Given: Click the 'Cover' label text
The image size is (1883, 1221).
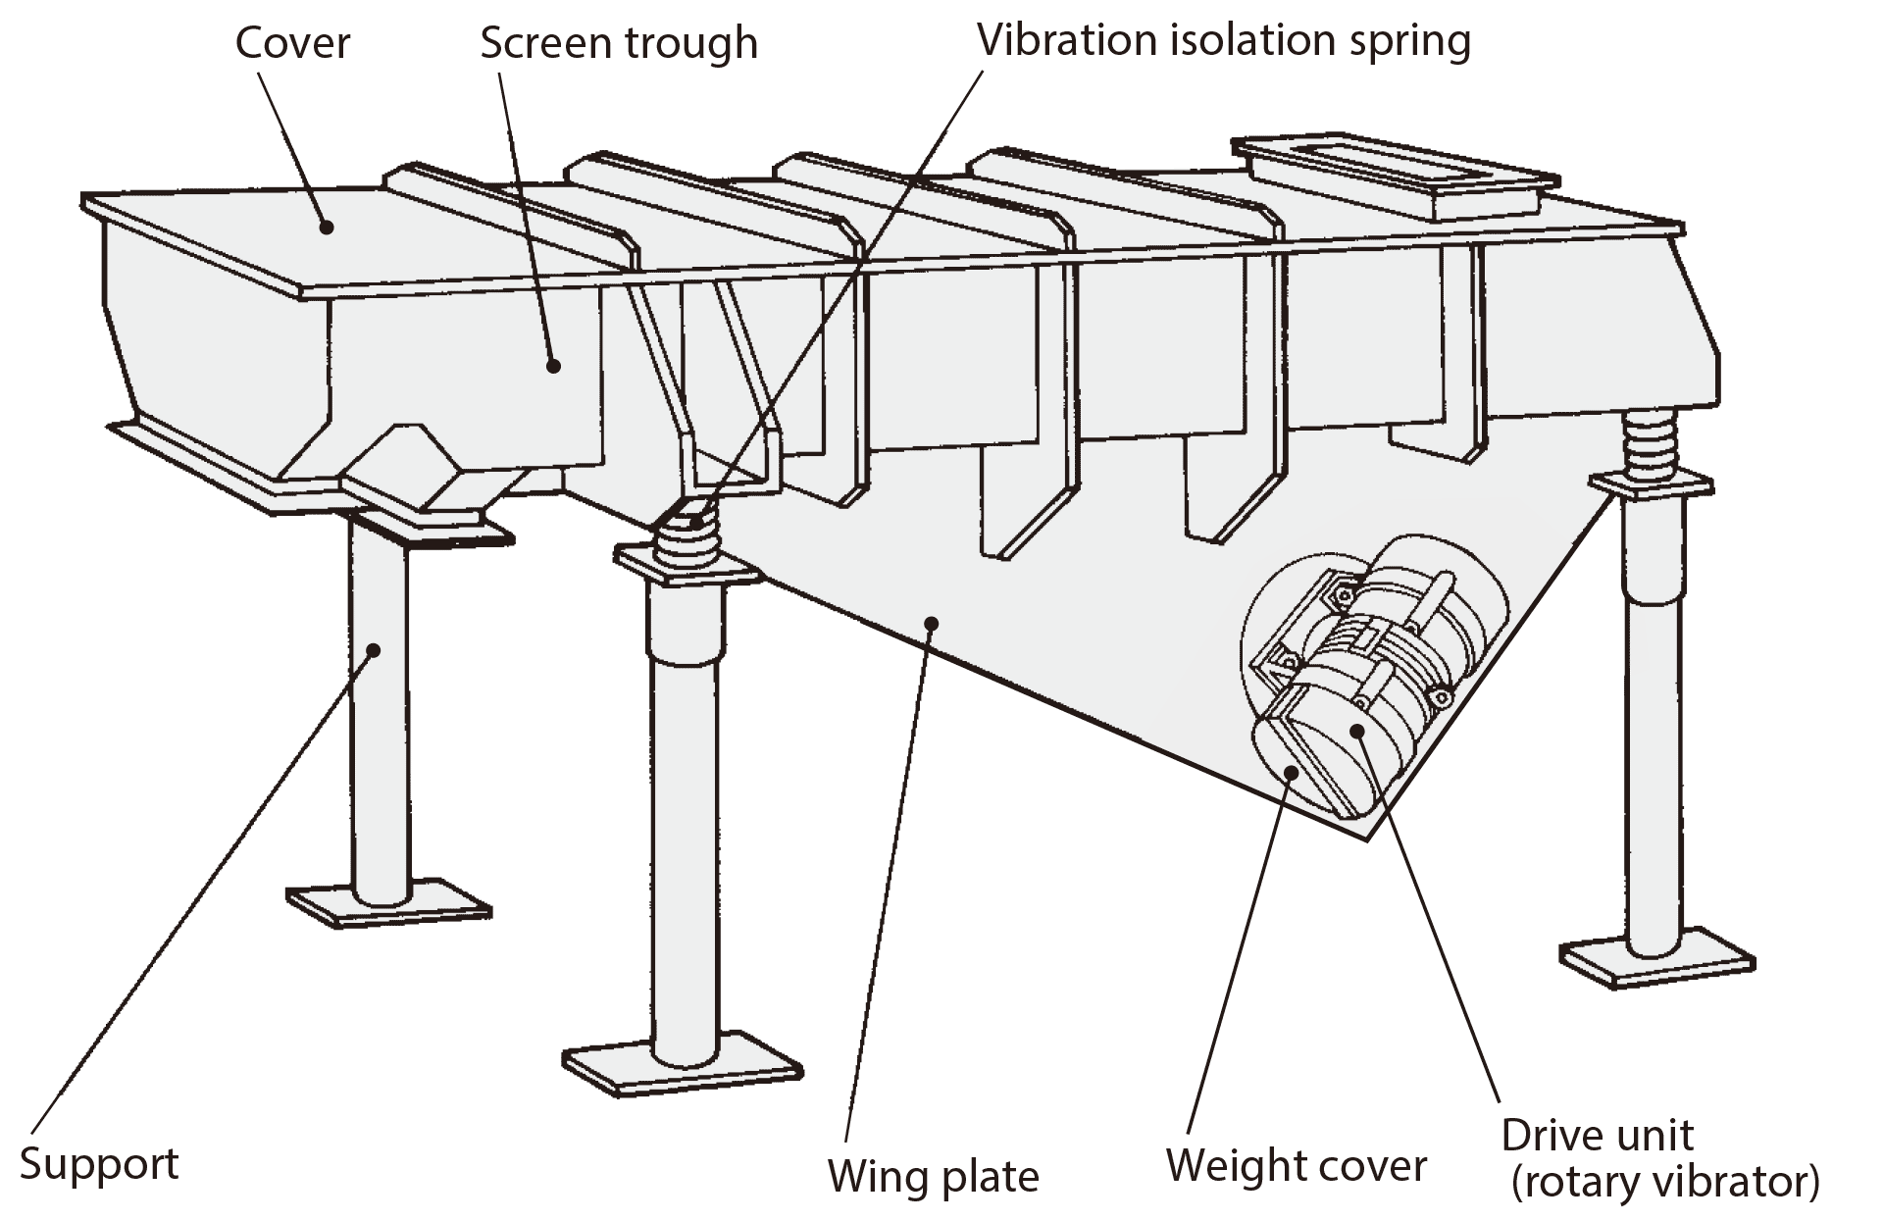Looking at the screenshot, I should pos(292,44).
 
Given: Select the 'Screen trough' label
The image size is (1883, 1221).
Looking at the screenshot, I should pos(619,44).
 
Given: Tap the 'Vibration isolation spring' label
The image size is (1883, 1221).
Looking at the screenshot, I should pos(1224,41).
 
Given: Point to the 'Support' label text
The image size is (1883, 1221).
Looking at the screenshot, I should pos(99,1164).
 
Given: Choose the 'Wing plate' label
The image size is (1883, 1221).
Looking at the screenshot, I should pos(933,1176).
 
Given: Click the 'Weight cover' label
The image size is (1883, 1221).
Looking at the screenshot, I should pos(1296,1166).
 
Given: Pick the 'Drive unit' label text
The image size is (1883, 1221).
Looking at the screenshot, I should pos(1597,1136).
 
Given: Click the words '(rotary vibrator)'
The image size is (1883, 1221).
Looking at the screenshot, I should pos(1664,1183).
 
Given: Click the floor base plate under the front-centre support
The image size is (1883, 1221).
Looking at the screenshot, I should pos(684,1074).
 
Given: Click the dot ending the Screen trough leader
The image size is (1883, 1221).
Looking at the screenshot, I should pos(554,366).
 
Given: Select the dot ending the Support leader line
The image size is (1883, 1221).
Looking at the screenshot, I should pos(374,648).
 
